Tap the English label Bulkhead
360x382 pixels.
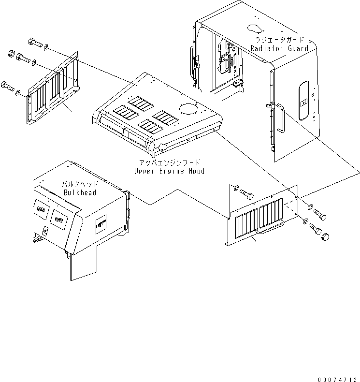[x=80, y=192]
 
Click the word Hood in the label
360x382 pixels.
[x=196, y=171]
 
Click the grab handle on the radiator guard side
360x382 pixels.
[x=280, y=118]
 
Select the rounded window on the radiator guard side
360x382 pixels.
[x=304, y=101]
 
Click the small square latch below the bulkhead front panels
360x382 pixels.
[x=44, y=232]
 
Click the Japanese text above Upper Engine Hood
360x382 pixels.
[x=169, y=163]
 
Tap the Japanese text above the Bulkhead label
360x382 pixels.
[x=80, y=185]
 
